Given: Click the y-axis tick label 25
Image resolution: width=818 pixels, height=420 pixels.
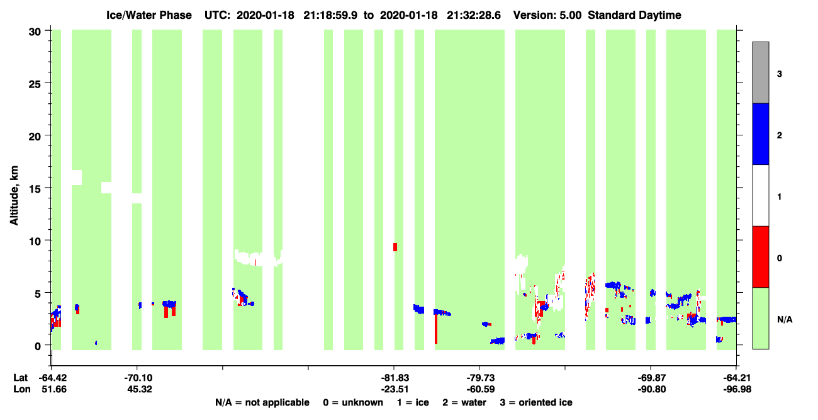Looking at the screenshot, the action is [35, 84].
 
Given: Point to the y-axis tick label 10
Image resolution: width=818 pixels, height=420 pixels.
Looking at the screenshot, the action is [35, 241].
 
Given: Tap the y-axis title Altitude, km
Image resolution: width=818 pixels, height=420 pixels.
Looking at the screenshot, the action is [14, 196].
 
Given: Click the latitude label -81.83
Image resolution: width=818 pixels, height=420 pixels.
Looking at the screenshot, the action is [395, 378].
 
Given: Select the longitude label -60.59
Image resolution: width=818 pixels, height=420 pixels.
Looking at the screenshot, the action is [480, 389].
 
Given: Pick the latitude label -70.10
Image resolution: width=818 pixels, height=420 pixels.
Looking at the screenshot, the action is [138, 378].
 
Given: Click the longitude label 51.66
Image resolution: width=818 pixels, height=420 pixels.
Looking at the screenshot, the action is [54, 389].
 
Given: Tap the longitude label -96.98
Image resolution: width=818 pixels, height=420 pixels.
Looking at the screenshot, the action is [737, 389].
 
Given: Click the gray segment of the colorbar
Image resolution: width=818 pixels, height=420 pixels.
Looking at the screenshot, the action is [760, 72].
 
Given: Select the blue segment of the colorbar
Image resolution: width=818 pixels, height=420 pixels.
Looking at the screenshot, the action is [760, 133].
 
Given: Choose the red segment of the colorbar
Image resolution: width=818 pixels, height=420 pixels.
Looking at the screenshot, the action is [760, 257].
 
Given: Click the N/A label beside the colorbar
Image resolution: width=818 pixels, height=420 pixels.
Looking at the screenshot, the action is [785, 320].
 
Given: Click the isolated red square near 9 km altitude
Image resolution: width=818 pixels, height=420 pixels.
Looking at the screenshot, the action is [395, 247].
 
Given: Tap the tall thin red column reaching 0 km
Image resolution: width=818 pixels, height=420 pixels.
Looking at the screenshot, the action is [436, 328].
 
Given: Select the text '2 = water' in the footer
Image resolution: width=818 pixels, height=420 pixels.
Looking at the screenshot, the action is [464, 402].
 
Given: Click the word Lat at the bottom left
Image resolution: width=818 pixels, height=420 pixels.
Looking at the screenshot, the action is [20, 378].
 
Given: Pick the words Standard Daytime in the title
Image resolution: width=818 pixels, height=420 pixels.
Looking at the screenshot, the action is [634, 15].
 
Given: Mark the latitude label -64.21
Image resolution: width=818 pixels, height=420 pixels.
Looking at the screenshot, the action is [736, 378].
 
